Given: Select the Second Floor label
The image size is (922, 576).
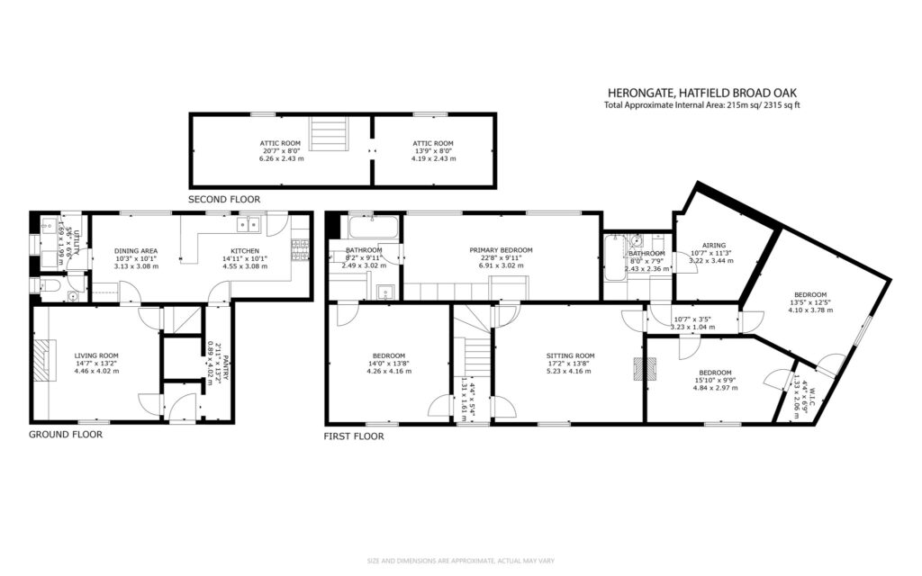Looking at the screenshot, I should (223, 199).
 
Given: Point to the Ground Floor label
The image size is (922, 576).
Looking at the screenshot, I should (65, 434).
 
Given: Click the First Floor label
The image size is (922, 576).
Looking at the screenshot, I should (354, 436).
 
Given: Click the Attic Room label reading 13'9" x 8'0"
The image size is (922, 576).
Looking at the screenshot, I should (433, 148).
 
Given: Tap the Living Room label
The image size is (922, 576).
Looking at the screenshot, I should (96, 363).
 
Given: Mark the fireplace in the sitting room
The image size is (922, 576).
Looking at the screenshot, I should (640, 370).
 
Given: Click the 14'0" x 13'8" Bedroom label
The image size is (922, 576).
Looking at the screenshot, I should (388, 361).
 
